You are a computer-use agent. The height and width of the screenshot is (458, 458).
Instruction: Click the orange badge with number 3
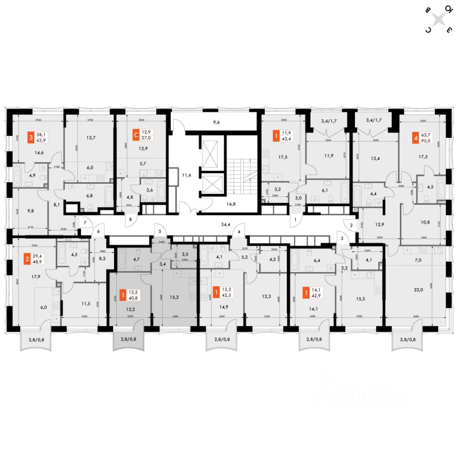click(31, 137)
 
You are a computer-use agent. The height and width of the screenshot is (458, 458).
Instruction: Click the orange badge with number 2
click(27, 260)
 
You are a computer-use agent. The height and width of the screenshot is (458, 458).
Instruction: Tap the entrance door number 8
click(131, 220)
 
